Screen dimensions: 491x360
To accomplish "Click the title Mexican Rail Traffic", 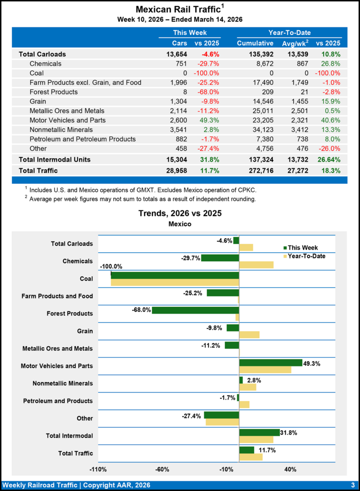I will (177, 10).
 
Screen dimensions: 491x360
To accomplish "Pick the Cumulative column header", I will (255, 44).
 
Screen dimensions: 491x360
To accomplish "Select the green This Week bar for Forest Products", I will (195, 310).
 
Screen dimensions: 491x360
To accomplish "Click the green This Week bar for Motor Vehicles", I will (270, 362).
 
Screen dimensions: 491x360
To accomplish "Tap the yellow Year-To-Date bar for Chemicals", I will (256, 265).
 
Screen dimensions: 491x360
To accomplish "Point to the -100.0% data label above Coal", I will (111, 267).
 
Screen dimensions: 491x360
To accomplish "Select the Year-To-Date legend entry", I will (304, 256).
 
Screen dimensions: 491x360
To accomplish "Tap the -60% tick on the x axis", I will (163, 469).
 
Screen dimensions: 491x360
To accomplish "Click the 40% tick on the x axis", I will (290, 469).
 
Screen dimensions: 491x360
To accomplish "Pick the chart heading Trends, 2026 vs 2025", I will (180, 213).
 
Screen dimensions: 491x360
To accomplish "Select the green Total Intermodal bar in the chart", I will (259, 433).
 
